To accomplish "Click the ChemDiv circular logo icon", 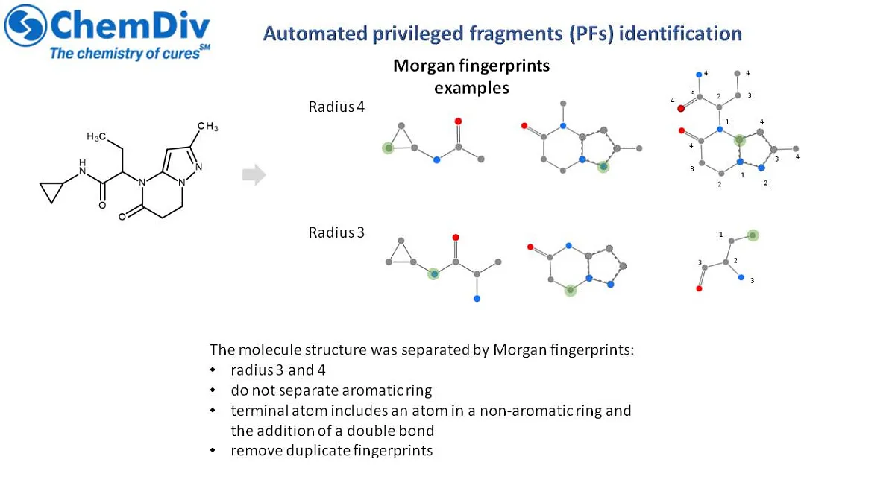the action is pyautogui.click(x=25, y=25).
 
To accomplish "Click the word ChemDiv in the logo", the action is pyautogui.click(x=130, y=25).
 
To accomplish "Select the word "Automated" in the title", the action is pyautogui.click(x=315, y=34).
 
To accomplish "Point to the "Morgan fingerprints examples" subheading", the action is pyautogui.click(x=471, y=77).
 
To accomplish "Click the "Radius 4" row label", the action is pyautogui.click(x=336, y=107).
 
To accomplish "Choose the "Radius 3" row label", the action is pyautogui.click(x=336, y=232).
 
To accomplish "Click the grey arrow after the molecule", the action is pyautogui.click(x=254, y=174).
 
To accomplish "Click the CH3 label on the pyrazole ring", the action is pyautogui.click(x=208, y=127).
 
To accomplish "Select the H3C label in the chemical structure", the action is pyautogui.click(x=96, y=136).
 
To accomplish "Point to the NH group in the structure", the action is pyautogui.click(x=82, y=167).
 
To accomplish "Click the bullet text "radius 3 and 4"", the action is pyautogui.click(x=278, y=370).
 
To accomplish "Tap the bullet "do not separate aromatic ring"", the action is pyautogui.click(x=331, y=390).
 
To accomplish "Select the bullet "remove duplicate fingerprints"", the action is pyautogui.click(x=332, y=450).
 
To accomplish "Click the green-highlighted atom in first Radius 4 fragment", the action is pyautogui.click(x=388, y=148).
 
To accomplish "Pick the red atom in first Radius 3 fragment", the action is pyautogui.click(x=456, y=238).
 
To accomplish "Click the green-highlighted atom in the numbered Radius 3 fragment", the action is pyautogui.click(x=753, y=235).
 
